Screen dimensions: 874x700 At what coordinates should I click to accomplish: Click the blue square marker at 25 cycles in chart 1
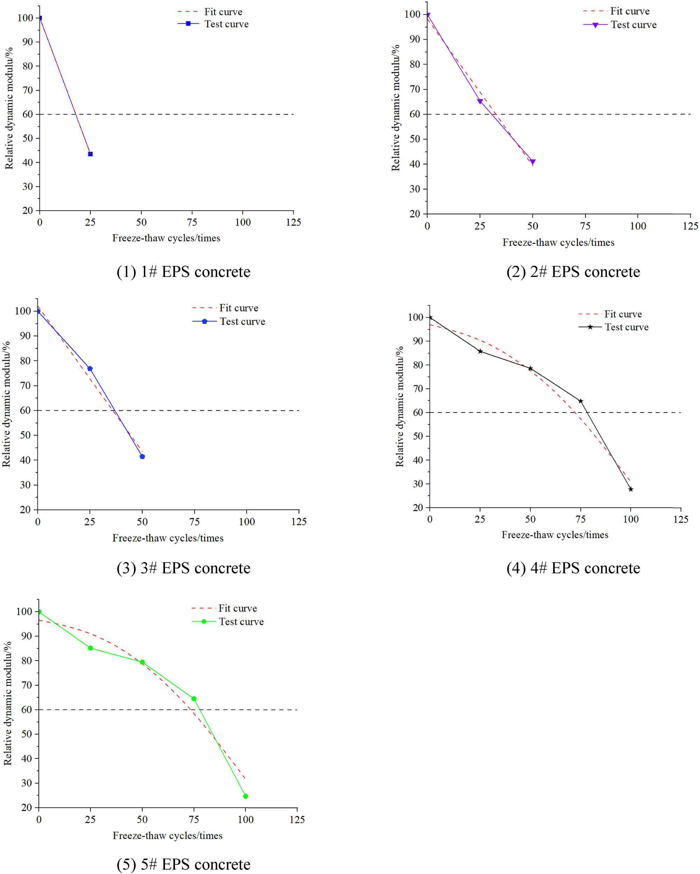[90, 154]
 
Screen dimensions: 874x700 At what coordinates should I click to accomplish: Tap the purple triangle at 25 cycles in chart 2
[480, 102]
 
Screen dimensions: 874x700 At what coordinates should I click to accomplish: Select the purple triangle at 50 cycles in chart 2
[533, 162]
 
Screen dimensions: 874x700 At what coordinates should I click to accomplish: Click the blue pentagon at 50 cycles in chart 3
[142, 457]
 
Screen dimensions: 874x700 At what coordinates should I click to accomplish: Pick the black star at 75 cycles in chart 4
[580, 401]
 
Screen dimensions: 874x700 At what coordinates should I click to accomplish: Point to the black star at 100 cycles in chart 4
[631, 489]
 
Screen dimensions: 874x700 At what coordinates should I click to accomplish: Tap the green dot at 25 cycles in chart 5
[90, 648]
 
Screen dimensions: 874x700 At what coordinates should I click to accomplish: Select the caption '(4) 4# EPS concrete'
[573, 568]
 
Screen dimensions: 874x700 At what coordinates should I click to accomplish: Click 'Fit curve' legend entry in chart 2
[629, 11]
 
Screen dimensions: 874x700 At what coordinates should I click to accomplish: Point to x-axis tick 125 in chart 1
[293, 222]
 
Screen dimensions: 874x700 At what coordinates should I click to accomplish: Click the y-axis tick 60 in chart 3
[25, 410]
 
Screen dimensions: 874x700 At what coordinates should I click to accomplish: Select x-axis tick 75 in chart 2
[585, 226]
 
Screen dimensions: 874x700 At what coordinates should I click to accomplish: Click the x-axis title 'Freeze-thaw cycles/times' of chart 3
[168, 538]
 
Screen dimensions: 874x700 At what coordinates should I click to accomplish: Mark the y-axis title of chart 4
[400, 406]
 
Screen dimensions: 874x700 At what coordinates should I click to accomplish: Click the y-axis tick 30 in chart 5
[27, 783]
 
